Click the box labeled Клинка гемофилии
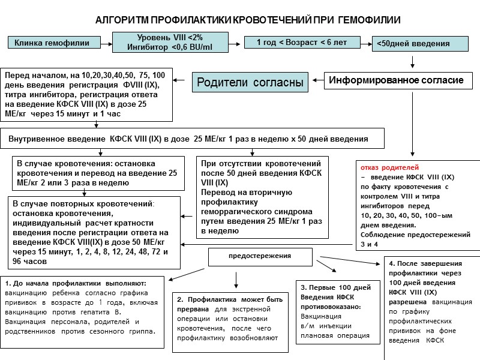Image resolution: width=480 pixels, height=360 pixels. click(52, 43)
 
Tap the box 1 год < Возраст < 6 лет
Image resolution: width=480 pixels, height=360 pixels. click(302, 42)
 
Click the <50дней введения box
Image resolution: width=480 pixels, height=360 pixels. click(413, 44)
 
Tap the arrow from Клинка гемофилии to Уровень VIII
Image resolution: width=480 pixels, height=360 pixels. click(105, 43)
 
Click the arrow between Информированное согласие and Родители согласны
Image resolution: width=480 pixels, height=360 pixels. click(316, 81)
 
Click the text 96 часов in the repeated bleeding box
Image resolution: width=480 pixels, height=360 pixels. click(30, 262)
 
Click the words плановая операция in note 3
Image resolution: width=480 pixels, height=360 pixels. click(335, 335)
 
